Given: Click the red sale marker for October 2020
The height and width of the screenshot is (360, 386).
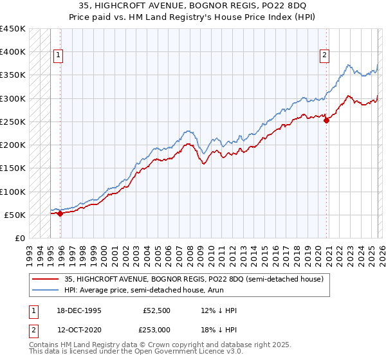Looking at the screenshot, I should click(326, 120).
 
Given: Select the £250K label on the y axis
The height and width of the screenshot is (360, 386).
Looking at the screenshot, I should click(13, 122).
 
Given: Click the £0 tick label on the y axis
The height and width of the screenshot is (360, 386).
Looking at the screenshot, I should click(19, 238).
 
